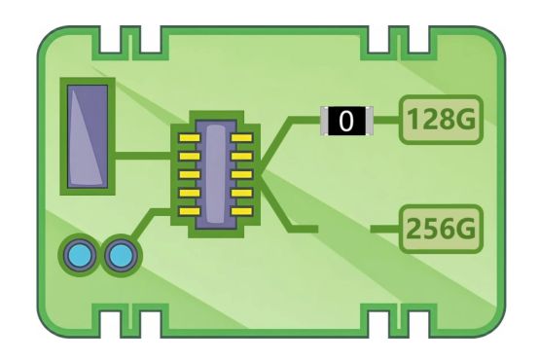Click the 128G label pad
tap(441, 120)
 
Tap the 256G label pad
tap(441, 229)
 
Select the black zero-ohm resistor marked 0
tap(346, 121)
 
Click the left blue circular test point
tap(80, 256)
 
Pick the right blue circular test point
tap(121, 256)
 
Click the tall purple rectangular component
tap(88, 136)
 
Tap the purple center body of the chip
tap(216, 174)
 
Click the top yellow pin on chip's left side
tap(190, 138)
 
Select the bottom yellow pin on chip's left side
tap(190, 211)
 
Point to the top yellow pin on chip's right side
tap(242, 138)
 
